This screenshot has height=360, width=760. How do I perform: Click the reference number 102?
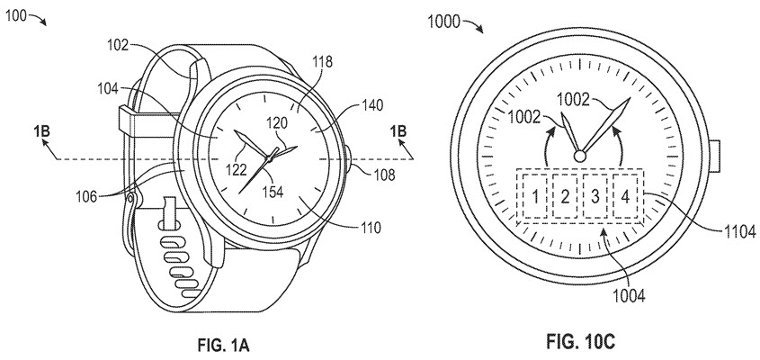(119, 42)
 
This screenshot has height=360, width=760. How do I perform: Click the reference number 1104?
(733, 230)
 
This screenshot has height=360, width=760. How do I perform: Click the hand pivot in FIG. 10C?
(581, 156)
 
